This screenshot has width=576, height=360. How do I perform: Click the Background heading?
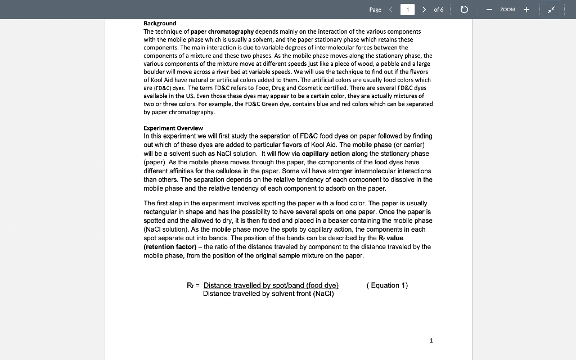pos(160,23)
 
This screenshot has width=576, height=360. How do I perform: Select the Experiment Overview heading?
pos(173,128)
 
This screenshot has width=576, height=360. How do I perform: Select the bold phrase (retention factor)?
pos(166,246)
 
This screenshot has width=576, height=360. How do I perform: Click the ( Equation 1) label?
pos(387,285)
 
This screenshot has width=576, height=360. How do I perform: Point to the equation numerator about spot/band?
pos(271,285)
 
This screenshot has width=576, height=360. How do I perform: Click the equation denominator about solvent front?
pos(268,294)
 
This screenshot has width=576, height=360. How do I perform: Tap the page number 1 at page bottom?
pos(431,340)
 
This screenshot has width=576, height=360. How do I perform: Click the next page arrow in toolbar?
pos(424,10)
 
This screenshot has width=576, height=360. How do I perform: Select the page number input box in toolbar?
pos(407,10)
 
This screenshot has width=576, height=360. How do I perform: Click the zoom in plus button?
pos(526,10)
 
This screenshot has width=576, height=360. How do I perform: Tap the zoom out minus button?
pos(489,10)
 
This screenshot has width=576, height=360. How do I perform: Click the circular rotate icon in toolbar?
pos(465,10)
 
